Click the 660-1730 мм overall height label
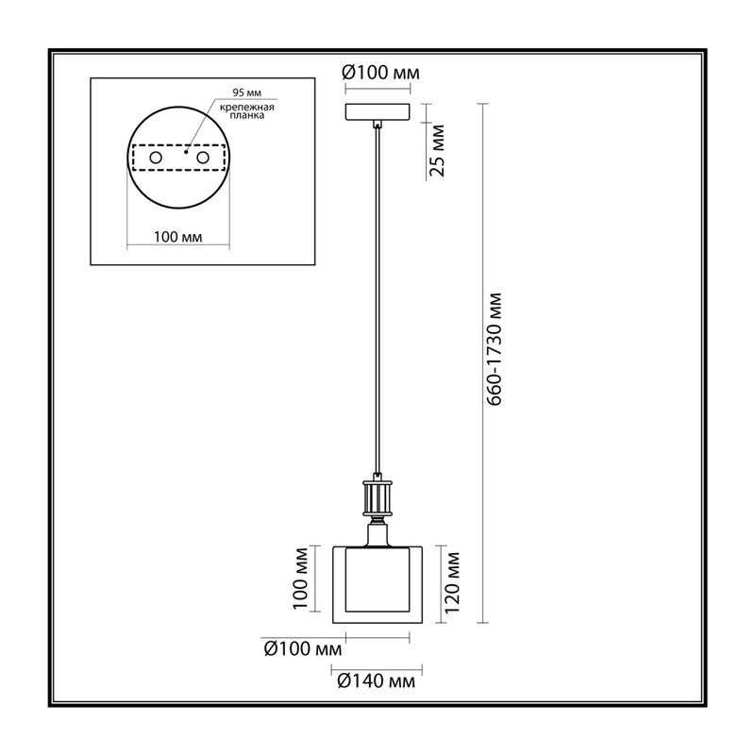[x=494, y=349]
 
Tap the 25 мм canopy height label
[x=438, y=150]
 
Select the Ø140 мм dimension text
[x=376, y=680]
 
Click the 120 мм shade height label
[x=452, y=582]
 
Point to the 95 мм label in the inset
[x=247, y=92]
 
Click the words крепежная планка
[x=247, y=111]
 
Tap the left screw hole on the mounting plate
[x=156, y=158]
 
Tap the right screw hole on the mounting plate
[x=203, y=158]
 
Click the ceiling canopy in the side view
[x=378, y=111]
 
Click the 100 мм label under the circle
[x=178, y=237]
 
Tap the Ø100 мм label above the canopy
[x=380, y=73]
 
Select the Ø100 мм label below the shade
[x=303, y=648]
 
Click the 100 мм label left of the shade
[x=301, y=579]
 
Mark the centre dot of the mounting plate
[x=186, y=152]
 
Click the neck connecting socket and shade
[x=377, y=535]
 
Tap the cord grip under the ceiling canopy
[x=378, y=125]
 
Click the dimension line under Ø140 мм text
[x=377, y=669]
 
